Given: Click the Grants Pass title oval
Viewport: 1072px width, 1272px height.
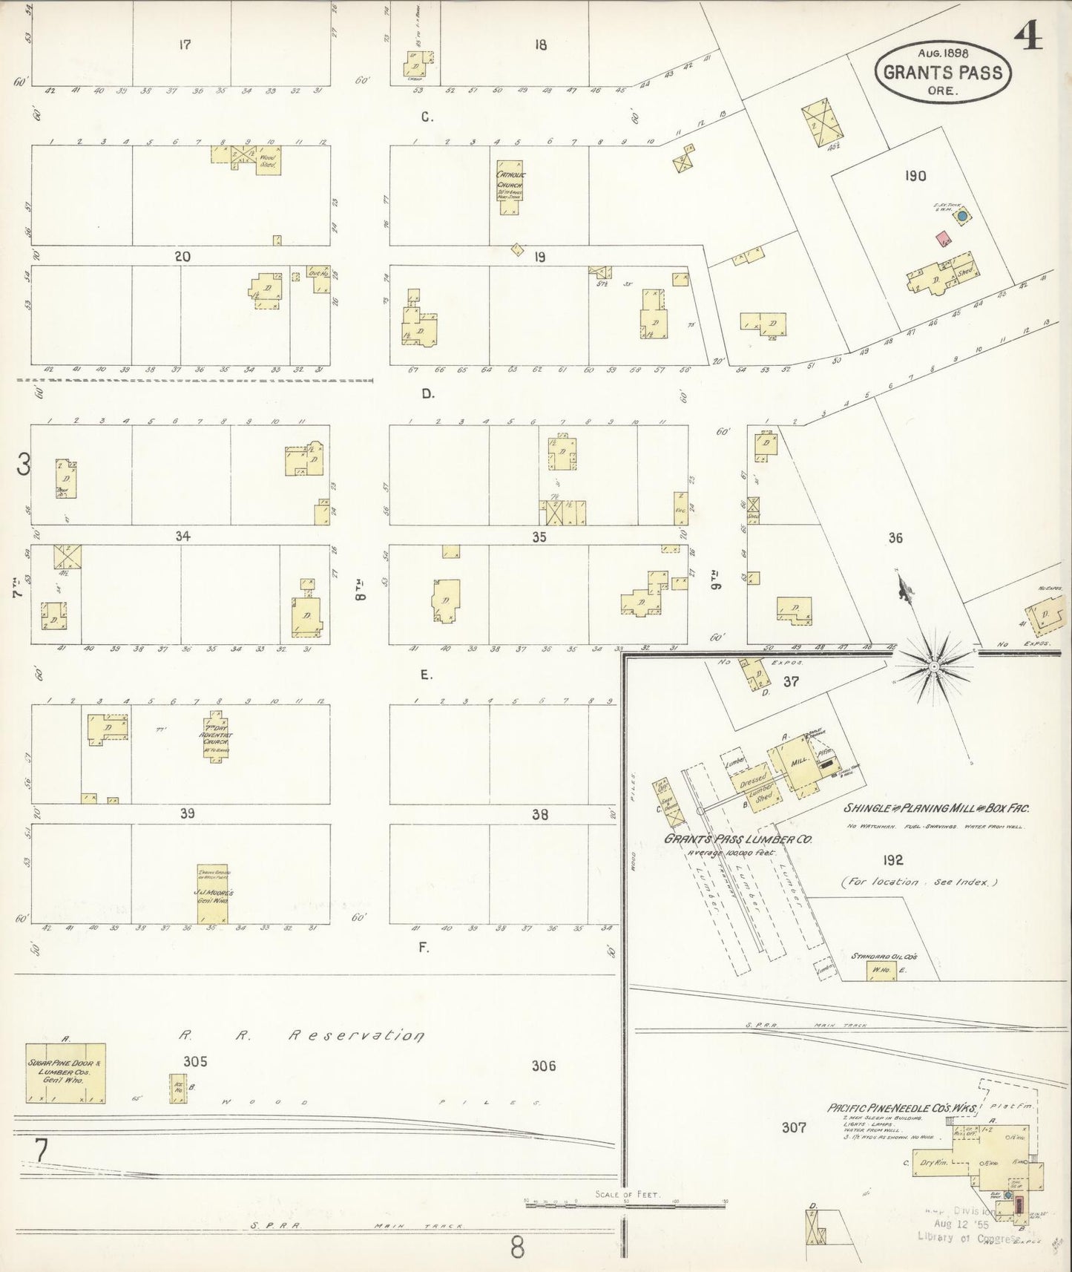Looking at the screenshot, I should pos(942,72).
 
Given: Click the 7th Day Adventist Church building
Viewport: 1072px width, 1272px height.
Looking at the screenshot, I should pos(217,738).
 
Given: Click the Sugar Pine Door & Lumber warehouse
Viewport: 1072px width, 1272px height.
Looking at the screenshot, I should pos(66,1072).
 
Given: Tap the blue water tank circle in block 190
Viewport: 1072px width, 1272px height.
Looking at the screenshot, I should pos(962,216).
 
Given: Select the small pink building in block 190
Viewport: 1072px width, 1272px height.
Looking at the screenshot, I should pos(944,239).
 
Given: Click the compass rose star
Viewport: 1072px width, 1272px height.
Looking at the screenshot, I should pos(933,666).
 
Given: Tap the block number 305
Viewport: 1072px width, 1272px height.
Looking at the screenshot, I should pos(195,1062).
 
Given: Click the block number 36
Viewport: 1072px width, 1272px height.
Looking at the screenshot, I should pos(895,537).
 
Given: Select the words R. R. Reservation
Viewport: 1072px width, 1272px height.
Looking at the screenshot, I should pos(300,1035).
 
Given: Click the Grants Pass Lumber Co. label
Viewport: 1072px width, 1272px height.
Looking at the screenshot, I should pos(737,839).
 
